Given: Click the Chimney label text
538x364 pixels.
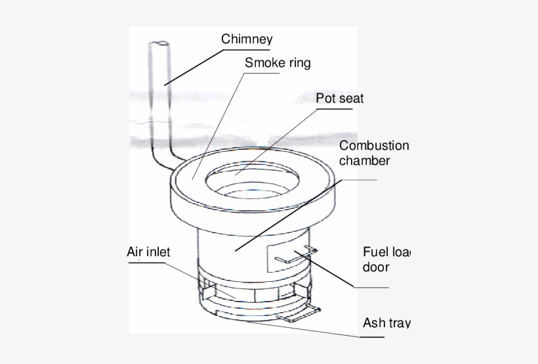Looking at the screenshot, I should point(246,39).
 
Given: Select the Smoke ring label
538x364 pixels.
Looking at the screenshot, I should point(277,64).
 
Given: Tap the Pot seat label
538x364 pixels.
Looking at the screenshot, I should point(339,99).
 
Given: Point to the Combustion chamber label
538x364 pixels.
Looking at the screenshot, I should point(374,152).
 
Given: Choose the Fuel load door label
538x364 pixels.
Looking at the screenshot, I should point(386,260).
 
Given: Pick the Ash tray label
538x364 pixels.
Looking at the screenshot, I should point(386,323).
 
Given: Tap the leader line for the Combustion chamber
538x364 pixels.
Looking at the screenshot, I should point(289,214).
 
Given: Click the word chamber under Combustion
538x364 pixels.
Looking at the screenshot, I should point(365,160).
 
